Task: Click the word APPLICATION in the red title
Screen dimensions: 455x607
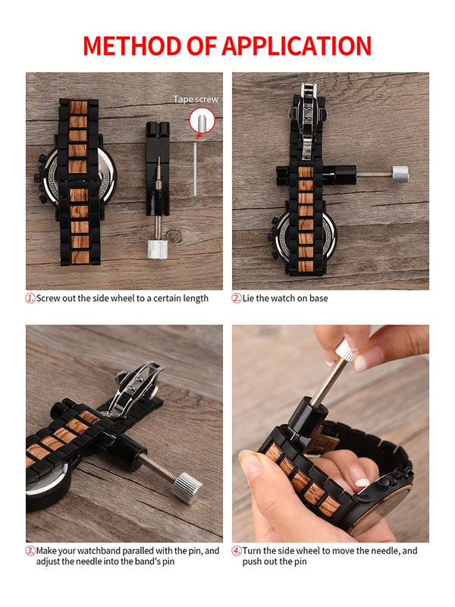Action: point(297,46)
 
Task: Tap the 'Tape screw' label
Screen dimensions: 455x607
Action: point(196,99)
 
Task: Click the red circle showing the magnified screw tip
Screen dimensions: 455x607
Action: point(202,121)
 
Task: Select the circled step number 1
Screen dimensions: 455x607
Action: point(30,298)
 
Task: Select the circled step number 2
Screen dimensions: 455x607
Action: point(237,298)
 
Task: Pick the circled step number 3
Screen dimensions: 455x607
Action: point(30,551)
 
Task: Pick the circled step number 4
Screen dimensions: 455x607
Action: point(237,551)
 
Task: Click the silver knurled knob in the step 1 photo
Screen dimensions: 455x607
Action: point(158,249)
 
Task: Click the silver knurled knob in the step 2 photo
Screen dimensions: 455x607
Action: point(400,174)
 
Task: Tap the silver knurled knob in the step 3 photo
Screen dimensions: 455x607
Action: point(187,488)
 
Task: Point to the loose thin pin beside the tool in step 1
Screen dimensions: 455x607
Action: point(195,169)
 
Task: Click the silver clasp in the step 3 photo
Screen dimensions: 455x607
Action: point(135,388)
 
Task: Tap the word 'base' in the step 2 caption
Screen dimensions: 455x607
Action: point(318,298)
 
